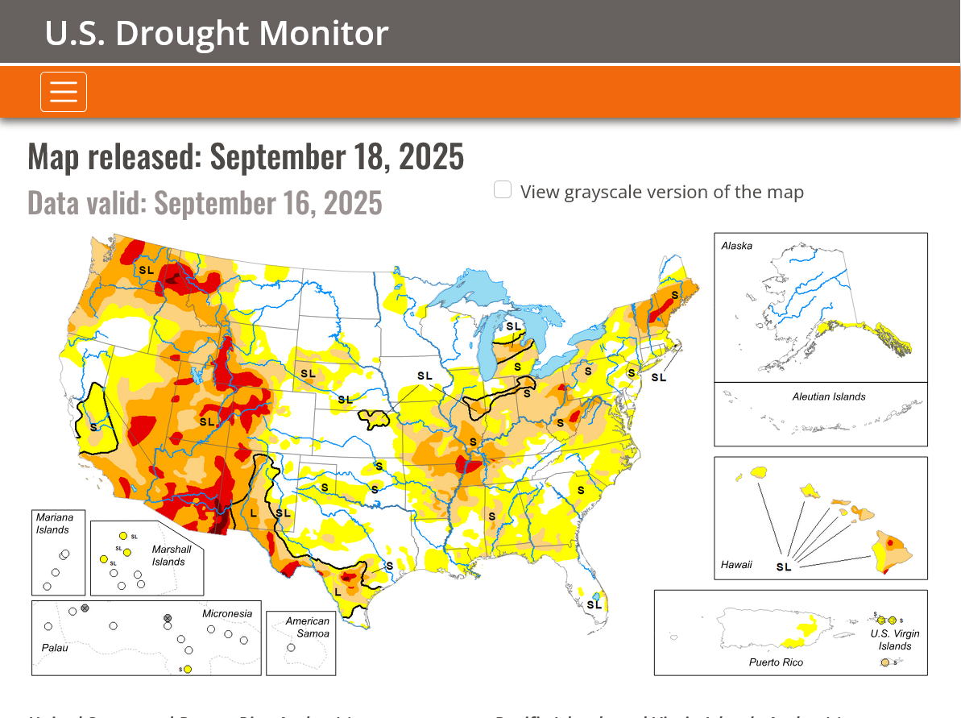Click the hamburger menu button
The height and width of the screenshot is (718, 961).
coord(64,92)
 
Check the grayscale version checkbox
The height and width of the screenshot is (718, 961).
coord(503,190)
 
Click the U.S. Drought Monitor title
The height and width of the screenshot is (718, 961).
coord(217,33)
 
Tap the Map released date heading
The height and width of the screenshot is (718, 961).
coord(246,156)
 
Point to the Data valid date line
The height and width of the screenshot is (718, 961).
coord(205,203)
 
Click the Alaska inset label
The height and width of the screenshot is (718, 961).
coord(736,246)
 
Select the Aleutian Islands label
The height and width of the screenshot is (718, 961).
coord(828,396)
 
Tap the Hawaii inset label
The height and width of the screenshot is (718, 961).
coord(736,565)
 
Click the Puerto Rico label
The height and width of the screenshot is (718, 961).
coord(776,662)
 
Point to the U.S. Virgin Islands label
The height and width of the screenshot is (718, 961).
coord(895,640)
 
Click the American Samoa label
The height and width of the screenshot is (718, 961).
coord(307,627)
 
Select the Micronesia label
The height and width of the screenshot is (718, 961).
coord(226,614)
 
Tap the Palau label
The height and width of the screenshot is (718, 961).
coord(56,648)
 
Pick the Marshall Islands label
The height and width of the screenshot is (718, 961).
coord(172,555)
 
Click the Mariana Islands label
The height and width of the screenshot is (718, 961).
coord(54,523)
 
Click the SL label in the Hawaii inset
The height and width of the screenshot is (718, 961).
coord(784,567)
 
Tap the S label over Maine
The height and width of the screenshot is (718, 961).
coord(674,295)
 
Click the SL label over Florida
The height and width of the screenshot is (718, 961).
coord(594,604)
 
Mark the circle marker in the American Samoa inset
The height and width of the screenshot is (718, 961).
coord(291,647)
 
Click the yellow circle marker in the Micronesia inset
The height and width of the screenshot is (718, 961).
coord(188,669)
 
